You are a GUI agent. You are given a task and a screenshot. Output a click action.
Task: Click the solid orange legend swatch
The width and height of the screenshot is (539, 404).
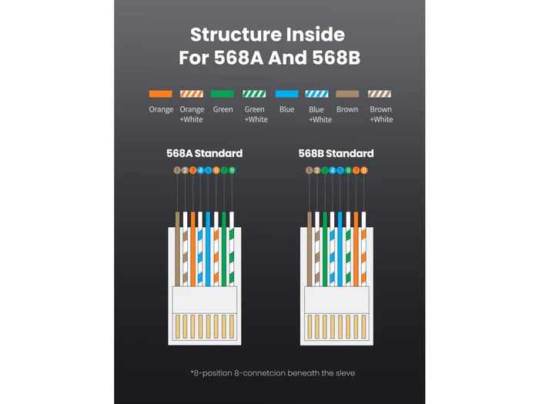160,94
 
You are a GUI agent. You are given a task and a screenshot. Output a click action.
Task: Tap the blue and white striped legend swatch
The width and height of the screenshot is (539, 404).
317,94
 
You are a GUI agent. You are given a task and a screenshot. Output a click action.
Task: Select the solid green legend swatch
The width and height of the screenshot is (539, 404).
222,94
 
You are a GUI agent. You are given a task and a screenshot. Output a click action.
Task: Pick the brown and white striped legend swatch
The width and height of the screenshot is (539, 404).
380,94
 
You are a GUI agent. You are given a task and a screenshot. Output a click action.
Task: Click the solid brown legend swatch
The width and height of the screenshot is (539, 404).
347,94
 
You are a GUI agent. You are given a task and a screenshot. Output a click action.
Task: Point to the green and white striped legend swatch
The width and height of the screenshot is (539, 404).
254,94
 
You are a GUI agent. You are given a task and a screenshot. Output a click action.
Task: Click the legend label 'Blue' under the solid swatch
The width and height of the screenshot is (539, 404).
286,109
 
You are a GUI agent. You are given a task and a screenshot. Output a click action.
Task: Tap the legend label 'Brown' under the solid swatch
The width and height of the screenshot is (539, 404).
347,109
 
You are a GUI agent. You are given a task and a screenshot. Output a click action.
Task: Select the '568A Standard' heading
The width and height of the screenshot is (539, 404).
205,153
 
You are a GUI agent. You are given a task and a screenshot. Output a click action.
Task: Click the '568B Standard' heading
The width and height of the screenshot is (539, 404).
336,153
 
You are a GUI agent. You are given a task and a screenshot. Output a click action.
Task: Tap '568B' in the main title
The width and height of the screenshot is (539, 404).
336,58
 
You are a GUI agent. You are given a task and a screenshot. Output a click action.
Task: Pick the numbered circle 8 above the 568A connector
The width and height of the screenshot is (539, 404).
232,170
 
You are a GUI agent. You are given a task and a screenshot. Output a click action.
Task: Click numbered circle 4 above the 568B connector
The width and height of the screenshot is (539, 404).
333,170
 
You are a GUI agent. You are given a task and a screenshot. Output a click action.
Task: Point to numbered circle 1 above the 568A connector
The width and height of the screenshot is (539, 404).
177,170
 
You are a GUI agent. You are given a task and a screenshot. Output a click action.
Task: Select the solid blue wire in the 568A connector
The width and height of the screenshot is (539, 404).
208,249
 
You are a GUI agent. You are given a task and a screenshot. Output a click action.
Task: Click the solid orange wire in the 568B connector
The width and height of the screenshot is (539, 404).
356,249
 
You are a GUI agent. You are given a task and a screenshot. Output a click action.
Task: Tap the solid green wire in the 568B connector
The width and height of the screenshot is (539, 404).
325,249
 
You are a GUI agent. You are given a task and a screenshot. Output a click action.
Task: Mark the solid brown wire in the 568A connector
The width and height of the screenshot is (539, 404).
177,249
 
